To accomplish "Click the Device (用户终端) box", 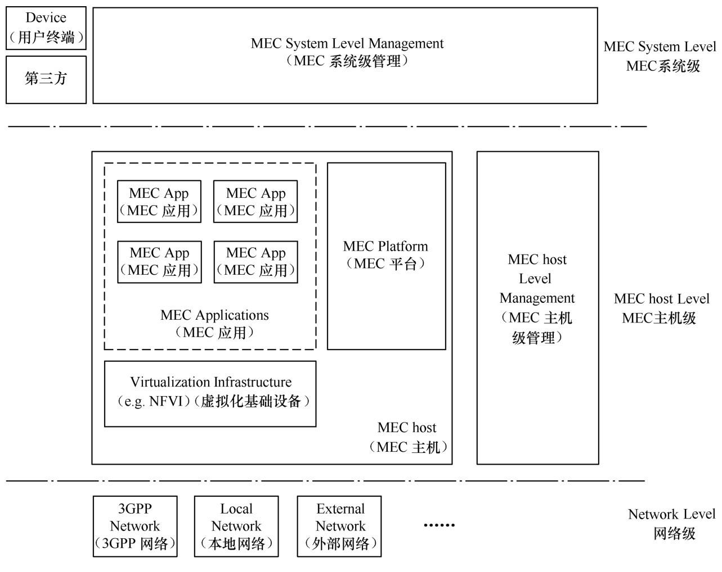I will pos(46,28).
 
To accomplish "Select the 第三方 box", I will pos(46,79).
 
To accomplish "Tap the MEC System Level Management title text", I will pos(347,44).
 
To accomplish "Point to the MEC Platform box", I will pos(386,256).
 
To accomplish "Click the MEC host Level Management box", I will pos(537,307).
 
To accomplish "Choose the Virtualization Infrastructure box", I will pos(210,393).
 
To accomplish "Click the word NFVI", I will pos(166,402).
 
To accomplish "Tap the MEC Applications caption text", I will pos(214,315).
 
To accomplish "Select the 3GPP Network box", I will pos(135,526).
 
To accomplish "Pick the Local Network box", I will pos(236,526).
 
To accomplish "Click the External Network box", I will pos(339,526).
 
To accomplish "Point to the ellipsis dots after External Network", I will pos(439,525).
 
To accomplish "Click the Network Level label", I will pos(671,514).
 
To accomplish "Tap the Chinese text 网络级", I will pos(674,533).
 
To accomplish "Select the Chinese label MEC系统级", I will pos(663,66).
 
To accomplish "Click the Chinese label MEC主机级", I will pos(659,318).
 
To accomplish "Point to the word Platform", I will pos(403,246).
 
